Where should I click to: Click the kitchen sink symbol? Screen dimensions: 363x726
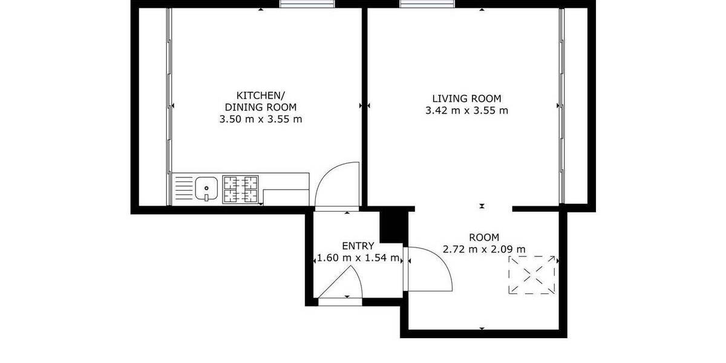[206, 188]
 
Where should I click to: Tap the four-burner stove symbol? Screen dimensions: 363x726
[240, 189]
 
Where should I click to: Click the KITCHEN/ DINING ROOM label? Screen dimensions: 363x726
[260, 101]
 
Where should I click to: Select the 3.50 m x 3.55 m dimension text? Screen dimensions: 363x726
[260, 119]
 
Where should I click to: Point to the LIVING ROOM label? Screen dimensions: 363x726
[466, 99]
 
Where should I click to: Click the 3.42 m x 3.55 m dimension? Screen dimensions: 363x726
[466, 111]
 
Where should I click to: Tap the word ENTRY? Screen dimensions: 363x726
[358, 246]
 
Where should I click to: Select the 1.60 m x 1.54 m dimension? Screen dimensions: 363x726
[358, 258]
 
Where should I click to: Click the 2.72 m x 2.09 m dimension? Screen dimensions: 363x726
[484, 249]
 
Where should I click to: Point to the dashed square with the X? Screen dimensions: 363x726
[532, 275]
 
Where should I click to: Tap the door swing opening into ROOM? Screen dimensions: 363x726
[430, 269]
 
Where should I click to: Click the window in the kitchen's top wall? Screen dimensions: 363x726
[307, 4]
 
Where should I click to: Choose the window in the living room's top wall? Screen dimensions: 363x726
[428, 4]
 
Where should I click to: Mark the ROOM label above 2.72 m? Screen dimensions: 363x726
[484, 237]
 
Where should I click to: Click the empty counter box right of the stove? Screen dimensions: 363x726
[286, 197]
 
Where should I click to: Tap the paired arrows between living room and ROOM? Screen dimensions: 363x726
[482, 206]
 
